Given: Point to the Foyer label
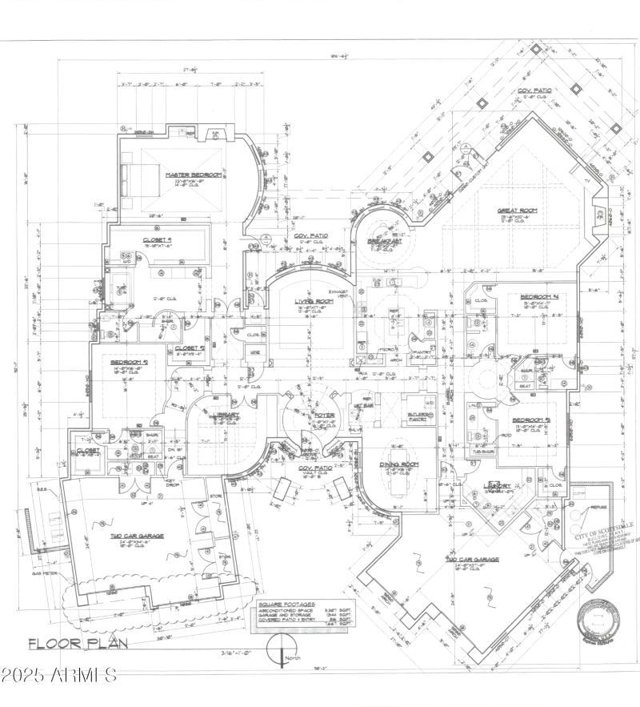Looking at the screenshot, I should point(324,415).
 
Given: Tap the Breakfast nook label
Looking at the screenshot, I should point(384,240).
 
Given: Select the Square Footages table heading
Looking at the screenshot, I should point(287,605).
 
